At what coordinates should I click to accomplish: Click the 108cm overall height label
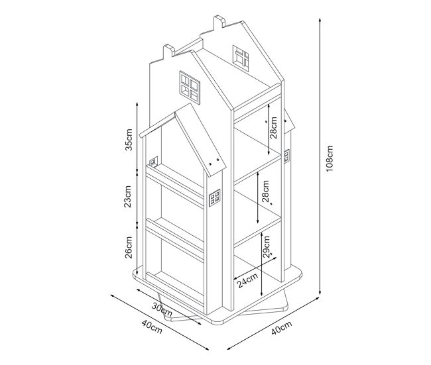tap(330, 158)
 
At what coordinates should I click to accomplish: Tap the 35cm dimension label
tap(129, 140)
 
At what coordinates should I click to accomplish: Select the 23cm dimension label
tap(127, 196)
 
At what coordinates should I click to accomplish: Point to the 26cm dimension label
tap(129, 247)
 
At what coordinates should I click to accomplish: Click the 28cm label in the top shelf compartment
tap(273, 127)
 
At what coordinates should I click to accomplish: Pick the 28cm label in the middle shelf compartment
tap(265, 191)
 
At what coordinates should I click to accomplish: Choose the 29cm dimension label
tap(266, 246)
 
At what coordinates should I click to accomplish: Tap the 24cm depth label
tap(248, 280)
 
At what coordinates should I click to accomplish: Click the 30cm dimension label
tap(162, 309)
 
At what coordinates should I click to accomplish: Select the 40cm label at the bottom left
tap(152, 327)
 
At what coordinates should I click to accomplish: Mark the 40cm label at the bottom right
tap(281, 328)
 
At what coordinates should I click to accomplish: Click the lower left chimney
tap(169, 52)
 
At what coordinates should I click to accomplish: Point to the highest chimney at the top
tap(219, 22)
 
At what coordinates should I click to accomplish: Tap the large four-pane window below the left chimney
tap(190, 87)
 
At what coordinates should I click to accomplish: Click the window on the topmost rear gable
tap(241, 58)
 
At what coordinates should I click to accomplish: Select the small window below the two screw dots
tap(215, 198)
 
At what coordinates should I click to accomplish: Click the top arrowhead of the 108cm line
tap(320, 21)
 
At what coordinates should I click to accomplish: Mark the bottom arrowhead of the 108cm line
tap(320, 292)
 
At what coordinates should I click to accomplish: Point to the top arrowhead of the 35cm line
tap(137, 105)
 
